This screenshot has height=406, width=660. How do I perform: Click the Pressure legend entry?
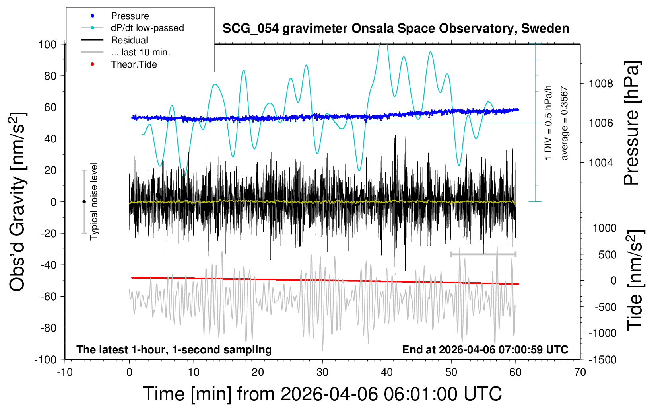[130, 16]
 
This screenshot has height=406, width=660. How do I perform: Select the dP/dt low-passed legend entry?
[147, 28]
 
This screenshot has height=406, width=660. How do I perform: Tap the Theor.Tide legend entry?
[134, 64]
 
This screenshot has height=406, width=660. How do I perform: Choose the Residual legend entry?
[129, 40]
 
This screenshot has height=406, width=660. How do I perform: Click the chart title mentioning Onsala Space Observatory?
[396, 29]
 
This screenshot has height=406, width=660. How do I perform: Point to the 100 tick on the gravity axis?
[47, 44]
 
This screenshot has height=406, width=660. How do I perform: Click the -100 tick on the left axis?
[45, 359]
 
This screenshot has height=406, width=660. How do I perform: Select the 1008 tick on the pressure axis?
[601, 84]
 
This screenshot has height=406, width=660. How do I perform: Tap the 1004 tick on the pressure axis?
[601, 162]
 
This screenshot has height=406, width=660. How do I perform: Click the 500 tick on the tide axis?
[607, 255]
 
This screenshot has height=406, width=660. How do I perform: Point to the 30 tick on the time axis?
[322, 372]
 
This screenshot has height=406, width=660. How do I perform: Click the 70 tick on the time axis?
[580, 372]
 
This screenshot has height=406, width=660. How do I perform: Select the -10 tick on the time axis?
[65, 372]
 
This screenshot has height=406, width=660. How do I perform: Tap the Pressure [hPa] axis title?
[632, 123]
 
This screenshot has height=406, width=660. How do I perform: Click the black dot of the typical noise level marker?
[84, 202]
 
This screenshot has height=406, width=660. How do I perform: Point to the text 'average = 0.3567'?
[564, 123]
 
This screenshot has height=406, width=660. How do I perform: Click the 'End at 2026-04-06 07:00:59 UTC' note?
[485, 349]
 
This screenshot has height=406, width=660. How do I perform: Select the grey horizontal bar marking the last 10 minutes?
[483, 254]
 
